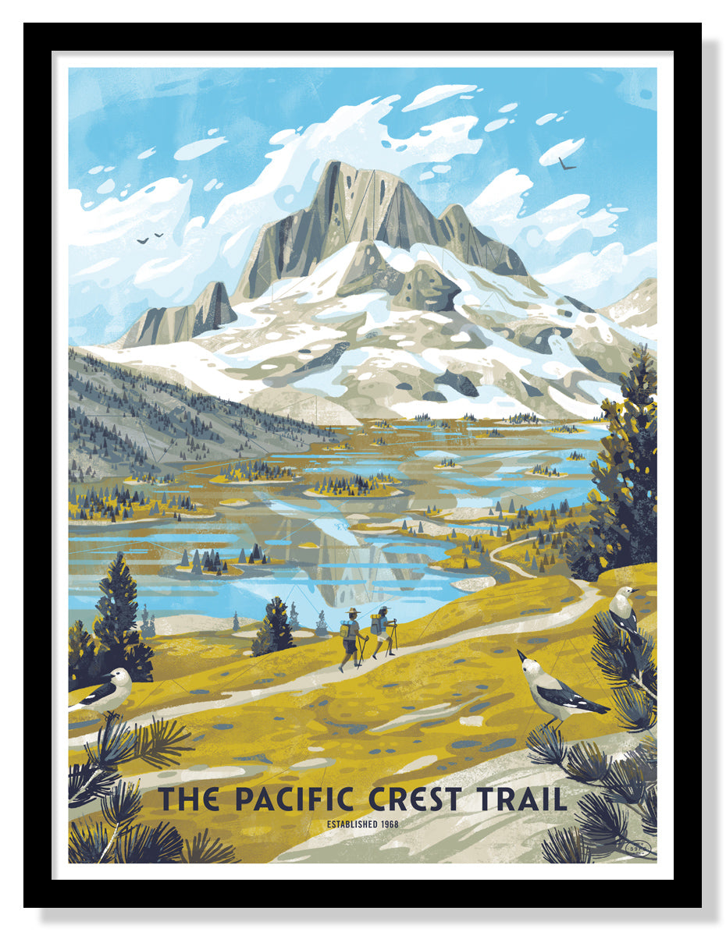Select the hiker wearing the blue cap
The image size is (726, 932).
coord(383,632)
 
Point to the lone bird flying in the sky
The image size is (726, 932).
coord(567,164)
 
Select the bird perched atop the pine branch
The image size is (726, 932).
coord(625,608)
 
